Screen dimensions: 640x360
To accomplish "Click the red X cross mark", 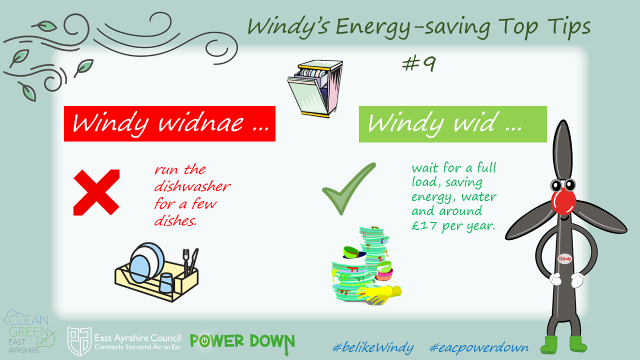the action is [x=97, y=192].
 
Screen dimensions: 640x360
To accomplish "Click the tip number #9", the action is [x=419, y=64].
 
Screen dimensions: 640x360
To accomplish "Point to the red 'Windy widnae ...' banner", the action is [x=170, y=124].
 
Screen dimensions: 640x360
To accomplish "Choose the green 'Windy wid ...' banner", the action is [x=453, y=124].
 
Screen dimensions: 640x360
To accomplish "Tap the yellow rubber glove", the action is [x=379, y=294].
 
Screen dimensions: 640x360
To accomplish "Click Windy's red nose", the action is [x=563, y=201].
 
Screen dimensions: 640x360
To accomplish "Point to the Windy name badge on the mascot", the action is [x=564, y=259].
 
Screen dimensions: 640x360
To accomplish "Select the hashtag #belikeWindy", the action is [x=374, y=348].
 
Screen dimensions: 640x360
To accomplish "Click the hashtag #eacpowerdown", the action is [x=479, y=348].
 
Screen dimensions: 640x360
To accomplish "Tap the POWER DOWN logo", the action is [x=242, y=342].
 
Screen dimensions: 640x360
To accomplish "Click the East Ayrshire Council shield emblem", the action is [x=80, y=341].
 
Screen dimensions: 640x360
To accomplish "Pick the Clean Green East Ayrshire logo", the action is [x=29, y=332].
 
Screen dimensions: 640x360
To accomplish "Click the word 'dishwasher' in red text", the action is [x=192, y=186].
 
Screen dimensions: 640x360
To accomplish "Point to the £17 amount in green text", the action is [x=424, y=226].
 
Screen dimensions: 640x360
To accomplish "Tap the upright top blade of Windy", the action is [x=563, y=151].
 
